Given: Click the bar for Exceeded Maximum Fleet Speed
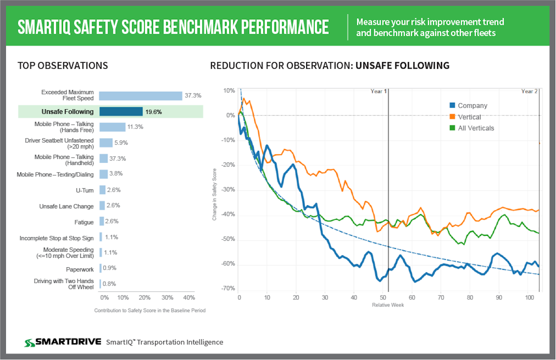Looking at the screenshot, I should click(x=140, y=96).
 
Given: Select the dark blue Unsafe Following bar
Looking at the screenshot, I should click(x=121, y=112).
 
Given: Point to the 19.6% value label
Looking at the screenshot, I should click(x=153, y=112).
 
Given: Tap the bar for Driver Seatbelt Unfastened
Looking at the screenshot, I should click(x=106, y=143).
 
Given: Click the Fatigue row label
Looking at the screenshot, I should click(x=84, y=222).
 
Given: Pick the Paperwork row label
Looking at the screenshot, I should click(x=80, y=269).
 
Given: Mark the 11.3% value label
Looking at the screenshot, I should click(x=135, y=127).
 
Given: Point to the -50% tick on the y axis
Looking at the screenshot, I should click(x=228, y=239).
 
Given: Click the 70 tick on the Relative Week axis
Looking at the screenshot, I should click(x=441, y=297).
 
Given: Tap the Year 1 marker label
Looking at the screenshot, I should click(x=378, y=91).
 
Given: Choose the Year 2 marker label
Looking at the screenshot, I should click(x=529, y=91).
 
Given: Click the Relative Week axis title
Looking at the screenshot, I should click(x=388, y=305).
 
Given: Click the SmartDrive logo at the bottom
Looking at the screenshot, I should click(x=63, y=342).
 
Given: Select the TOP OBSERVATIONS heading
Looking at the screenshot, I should click(x=63, y=66).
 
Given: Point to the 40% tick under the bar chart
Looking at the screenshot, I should click(x=189, y=297).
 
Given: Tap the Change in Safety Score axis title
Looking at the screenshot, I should click(x=214, y=194).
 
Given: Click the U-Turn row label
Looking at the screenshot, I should click(x=85, y=191).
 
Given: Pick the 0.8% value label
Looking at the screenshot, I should click(x=109, y=284).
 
